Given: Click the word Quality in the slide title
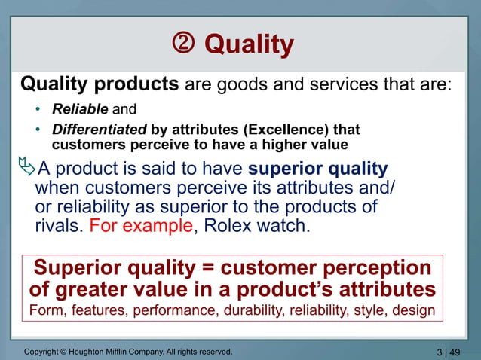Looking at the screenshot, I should [249, 45].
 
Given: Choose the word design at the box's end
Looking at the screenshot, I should [418, 310].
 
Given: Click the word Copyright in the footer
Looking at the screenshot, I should [43, 351].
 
